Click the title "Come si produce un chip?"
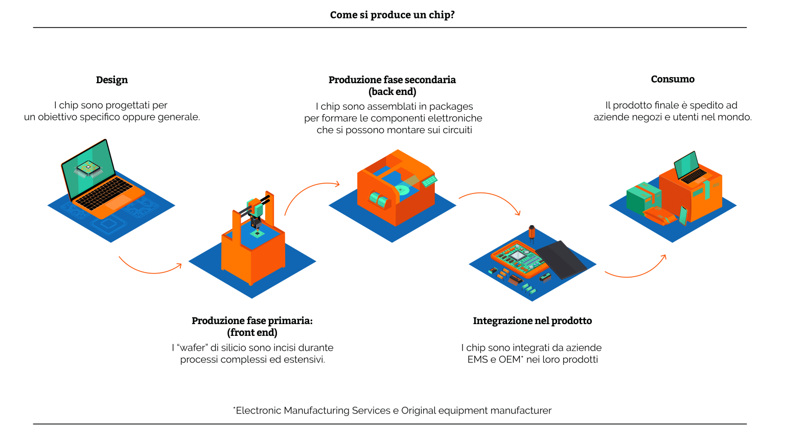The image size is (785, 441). click(x=392, y=15)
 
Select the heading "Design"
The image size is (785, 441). click(x=112, y=80)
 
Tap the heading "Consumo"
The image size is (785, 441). click(x=673, y=79)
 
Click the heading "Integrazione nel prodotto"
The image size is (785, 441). click(x=532, y=321)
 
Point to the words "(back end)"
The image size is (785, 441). click(x=392, y=92)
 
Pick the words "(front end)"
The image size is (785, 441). click(x=252, y=333)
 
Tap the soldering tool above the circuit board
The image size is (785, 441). click(x=532, y=233)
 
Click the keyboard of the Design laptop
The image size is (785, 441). click(x=104, y=193)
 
